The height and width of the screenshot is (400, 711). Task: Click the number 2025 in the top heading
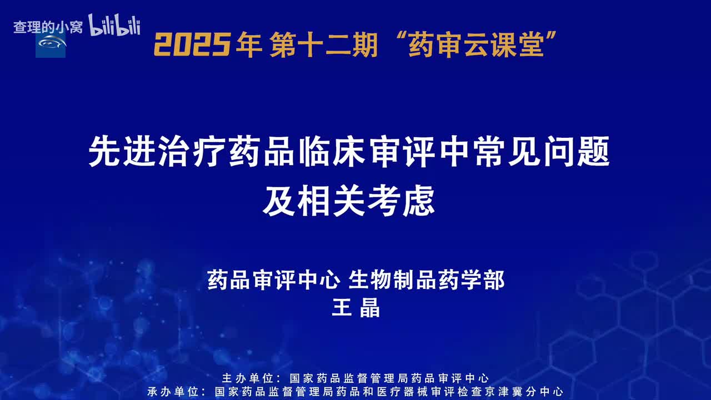(192, 44)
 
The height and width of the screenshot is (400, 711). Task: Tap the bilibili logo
(114, 25)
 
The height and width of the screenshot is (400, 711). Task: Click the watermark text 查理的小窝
(48, 27)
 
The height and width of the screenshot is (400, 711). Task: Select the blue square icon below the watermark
(51, 44)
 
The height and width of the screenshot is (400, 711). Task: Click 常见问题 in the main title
(542, 153)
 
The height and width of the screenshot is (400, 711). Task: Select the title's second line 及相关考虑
(349, 203)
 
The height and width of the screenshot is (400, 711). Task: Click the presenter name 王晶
(355, 307)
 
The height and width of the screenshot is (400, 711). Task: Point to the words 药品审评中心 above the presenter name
(273, 280)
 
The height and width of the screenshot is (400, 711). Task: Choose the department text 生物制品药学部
(427, 280)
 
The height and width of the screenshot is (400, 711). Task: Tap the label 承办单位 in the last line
(174, 391)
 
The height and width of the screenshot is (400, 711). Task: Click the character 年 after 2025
(249, 44)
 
